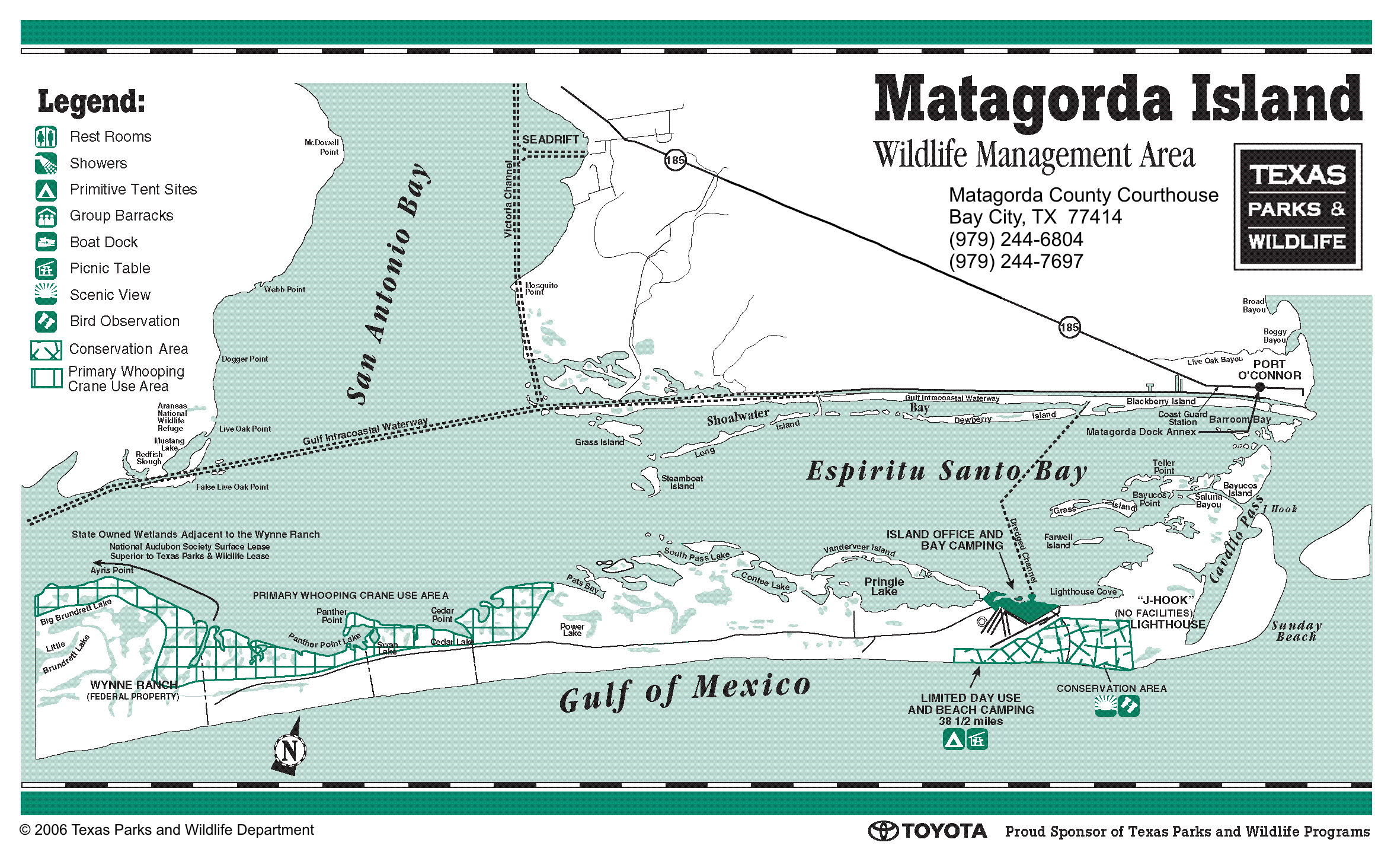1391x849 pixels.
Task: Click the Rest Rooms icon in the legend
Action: [x=46, y=137]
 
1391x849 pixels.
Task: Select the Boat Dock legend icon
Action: [x=46, y=242]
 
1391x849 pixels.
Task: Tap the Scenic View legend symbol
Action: [x=46, y=294]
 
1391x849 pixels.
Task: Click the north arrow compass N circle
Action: [x=290, y=751]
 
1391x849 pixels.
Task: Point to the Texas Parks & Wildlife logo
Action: [x=1297, y=207]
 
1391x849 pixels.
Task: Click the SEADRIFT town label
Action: [x=550, y=139]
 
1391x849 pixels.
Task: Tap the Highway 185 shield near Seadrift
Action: [x=675, y=160]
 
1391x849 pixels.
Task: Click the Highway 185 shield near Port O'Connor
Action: [x=1069, y=327]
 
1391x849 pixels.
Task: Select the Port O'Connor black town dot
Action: [x=1260, y=387]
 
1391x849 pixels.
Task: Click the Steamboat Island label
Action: [x=682, y=482]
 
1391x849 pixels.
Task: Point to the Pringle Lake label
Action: [x=884, y=586]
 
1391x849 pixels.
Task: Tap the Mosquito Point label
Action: [x=541, y=288]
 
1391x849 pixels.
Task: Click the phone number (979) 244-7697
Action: [x=1016, y=261]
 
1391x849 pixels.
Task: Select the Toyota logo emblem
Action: [x=884, y=831]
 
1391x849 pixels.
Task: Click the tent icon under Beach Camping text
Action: [x=954, y=739]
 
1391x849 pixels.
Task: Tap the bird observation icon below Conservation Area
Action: [x=1128, y=706]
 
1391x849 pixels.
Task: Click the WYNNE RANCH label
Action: [x=134, y=685]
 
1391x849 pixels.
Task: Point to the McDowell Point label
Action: [x=322, y=147]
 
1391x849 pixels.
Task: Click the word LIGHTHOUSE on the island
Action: [x=1167, y=624]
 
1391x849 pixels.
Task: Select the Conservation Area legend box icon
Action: [x=46, y=350]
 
